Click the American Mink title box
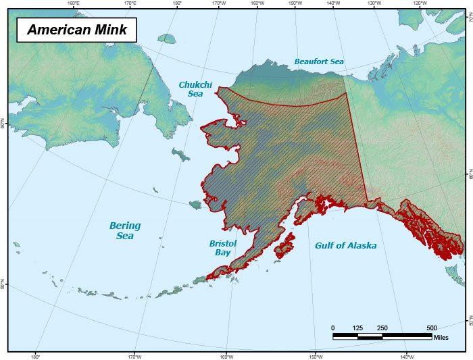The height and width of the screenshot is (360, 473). pos(76,30)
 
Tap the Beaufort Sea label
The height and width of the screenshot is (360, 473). pos(319,61)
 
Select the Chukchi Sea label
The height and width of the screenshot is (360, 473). pos(195,89)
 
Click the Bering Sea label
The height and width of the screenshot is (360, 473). pos(125,230)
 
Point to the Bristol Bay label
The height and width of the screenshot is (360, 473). pos(222,247)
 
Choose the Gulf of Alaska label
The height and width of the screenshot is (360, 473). pos(345,246)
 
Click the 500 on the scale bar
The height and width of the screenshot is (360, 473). pos(432,328)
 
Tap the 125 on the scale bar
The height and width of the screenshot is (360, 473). pos(357,328)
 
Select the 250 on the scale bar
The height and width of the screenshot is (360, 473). pos(382,328)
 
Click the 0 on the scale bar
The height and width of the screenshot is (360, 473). pos(333,328)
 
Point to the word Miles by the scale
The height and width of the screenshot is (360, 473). pos(441,336)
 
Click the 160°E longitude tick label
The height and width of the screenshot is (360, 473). pos(74,3)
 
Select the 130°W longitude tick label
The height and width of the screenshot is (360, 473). pos(373,3)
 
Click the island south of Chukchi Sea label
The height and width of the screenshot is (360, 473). pos(180,155)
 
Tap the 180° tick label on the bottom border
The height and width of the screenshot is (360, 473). pos(36,356)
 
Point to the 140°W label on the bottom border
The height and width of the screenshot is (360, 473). pos(406,356)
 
